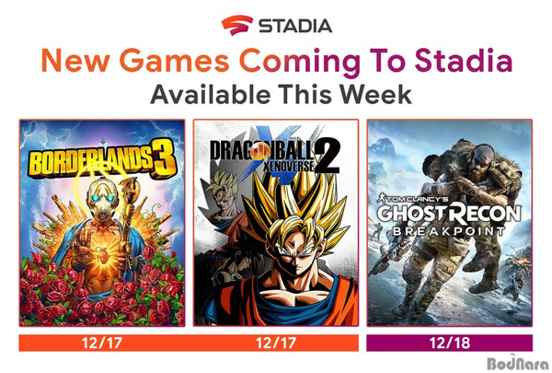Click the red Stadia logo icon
click(236, 25)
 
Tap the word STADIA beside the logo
click(295, 26)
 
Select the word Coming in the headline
click(300, 63)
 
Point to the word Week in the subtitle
click(375, 95)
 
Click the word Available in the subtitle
click(210, 95)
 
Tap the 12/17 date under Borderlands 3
click(102, 343)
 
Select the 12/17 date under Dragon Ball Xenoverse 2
click(276, 343)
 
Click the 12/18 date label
click(450, 343)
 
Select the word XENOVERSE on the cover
click(289, 165)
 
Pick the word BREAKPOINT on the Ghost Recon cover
click(449, 231)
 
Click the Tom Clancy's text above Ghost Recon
click(413, 198)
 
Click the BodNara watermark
click(518, 363)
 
